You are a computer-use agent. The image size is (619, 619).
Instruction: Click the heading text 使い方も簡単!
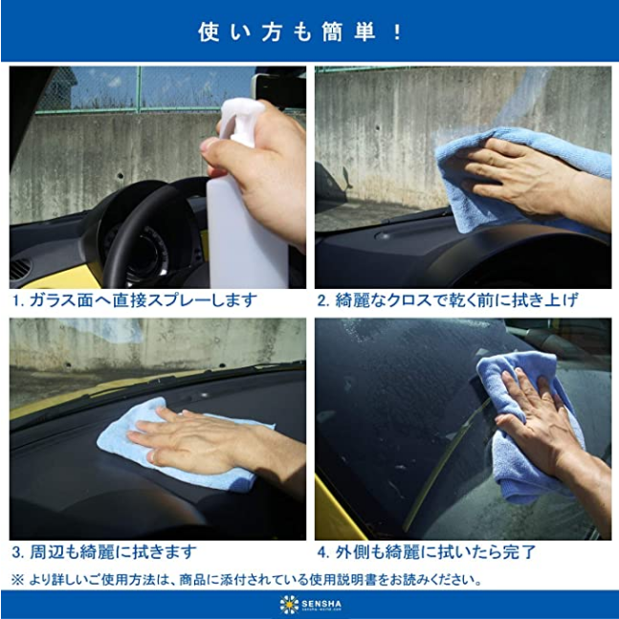pyautogui.click(x=299, y=32)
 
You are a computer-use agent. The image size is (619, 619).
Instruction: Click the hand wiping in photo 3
pyautogui.click(x=213, y=440)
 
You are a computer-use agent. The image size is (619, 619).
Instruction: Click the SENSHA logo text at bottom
pyautogui.click(x=321, y=604)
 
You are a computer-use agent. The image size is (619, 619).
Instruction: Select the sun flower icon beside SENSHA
pyautogui.click(x=289, y=605)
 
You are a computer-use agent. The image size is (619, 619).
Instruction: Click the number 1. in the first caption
pyautogui.click(x=18, y=300)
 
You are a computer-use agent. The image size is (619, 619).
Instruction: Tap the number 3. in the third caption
pyautogui.click(x=18, y=552)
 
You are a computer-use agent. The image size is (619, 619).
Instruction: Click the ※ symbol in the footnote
pyautogui.click(x=17, y=581)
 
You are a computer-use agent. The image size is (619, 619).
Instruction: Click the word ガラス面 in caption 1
pyautogui.click(x=61, y=300)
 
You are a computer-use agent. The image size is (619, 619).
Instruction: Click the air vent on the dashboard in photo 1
pyautogui.click(x=20, y=269)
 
